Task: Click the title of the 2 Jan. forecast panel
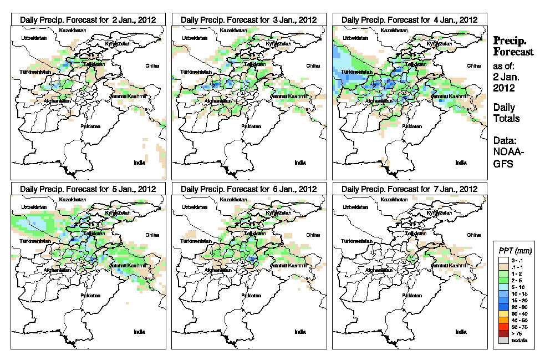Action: [x=88, y=19]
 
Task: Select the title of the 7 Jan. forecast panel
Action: [x=409, y=189]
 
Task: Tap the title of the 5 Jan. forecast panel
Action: [x=88, y=189]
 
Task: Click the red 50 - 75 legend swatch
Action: [x=503, y=327]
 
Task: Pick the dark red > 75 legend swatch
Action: [x=503, y=333]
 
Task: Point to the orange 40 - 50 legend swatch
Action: [x=503, y=321]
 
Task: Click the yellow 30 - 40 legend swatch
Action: [x=503, y=314]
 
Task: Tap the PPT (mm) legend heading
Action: [x=516, y=251]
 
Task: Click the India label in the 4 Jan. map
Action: [x=460, y=163]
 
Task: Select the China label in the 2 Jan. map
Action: [x=152, y=65]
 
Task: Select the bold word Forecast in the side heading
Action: [x=513, y=52]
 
